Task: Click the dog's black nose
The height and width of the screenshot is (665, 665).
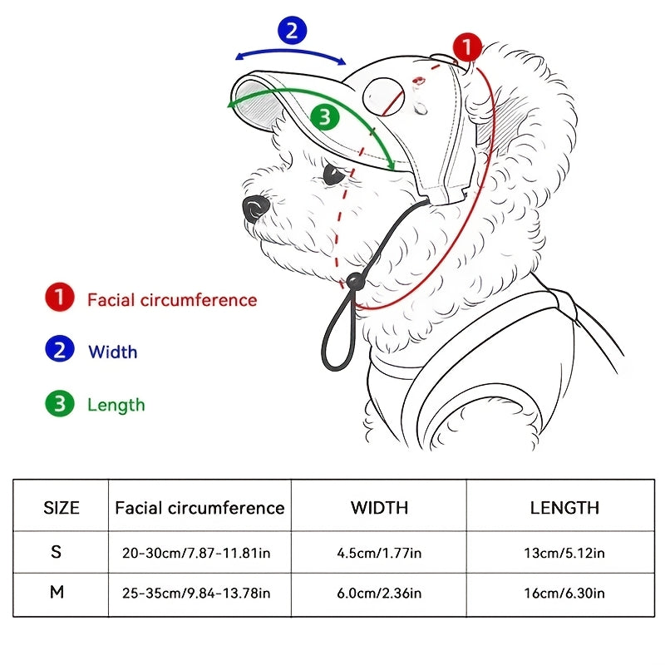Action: pyautogui.click(x=255, y=209)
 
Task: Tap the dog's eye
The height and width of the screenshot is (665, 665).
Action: pyautogui.click(x=333, y=174)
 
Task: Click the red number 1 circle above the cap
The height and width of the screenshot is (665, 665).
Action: pyautogui.click(x=467, y=47)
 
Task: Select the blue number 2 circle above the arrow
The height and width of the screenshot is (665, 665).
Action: pyautogui.click(x=293, y=30)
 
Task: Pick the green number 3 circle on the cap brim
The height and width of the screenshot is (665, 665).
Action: pyautogui.click(x=325, y=117)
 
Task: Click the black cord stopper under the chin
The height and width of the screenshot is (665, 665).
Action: pyautogui.click(x=356, y=281)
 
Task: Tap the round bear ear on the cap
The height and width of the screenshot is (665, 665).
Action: pyautogui.click(x=384, y=97)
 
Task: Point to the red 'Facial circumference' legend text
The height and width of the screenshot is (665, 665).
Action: pyautogui.click(x=172, y=300)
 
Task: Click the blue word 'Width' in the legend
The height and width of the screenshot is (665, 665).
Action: pyautogui.click(x=113, y=352)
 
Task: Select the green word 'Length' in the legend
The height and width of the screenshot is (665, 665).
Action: pyautogui.click(x=116, y=405)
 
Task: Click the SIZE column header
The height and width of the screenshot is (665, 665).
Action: pyautogui.click(x=62, y=508)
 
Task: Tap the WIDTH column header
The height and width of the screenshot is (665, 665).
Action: pyautogui.click(x=379, y=508)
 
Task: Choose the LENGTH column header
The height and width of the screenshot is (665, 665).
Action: pyautogui.click(x=564, y=508)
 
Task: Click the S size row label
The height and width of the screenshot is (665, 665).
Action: pyautogui.click(x=56, y=551)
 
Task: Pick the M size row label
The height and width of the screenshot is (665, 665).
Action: pyautogui.click(x=57, y=592)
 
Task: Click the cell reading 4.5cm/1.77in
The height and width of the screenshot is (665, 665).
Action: pyautogui.click(x=379, y=553)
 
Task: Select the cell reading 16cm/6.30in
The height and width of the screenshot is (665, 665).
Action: pyautogui.click(x=564, y=593)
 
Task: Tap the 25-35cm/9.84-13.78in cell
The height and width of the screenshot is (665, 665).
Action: pyautogui.click(x=196, y=593)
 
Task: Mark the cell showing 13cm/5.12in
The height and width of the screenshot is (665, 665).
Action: pyautogui.click(x=564, y=553)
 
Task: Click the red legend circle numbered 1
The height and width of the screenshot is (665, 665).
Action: pyautogui.click(x=60, y=297)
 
